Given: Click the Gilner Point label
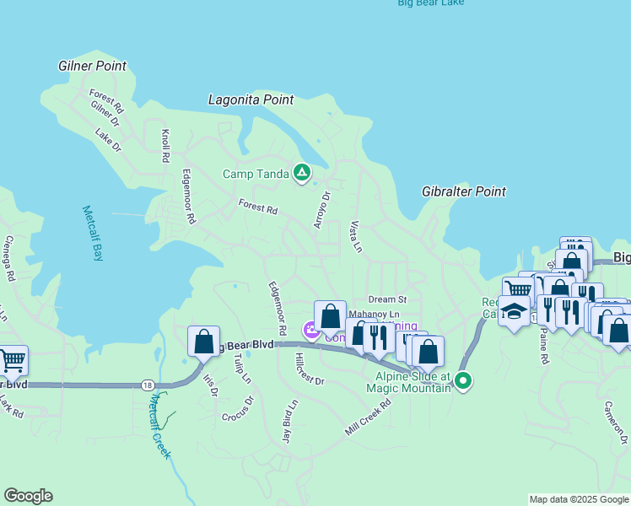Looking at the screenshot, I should (93, 66).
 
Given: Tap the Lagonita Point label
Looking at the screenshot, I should (251, 100).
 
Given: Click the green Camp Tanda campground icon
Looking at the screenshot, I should (301, 174).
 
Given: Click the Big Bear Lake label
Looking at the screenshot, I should (430, 3).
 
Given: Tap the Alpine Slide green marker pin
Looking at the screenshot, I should (463, 381).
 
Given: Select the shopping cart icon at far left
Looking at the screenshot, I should (12, 361).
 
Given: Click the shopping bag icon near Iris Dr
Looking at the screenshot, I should (203, 342).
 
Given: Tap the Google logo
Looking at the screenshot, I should (28, 496).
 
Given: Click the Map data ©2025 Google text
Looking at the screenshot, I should (579, 499).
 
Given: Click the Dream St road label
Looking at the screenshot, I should (387, 299).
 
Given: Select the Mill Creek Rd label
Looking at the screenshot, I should (368, 417).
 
